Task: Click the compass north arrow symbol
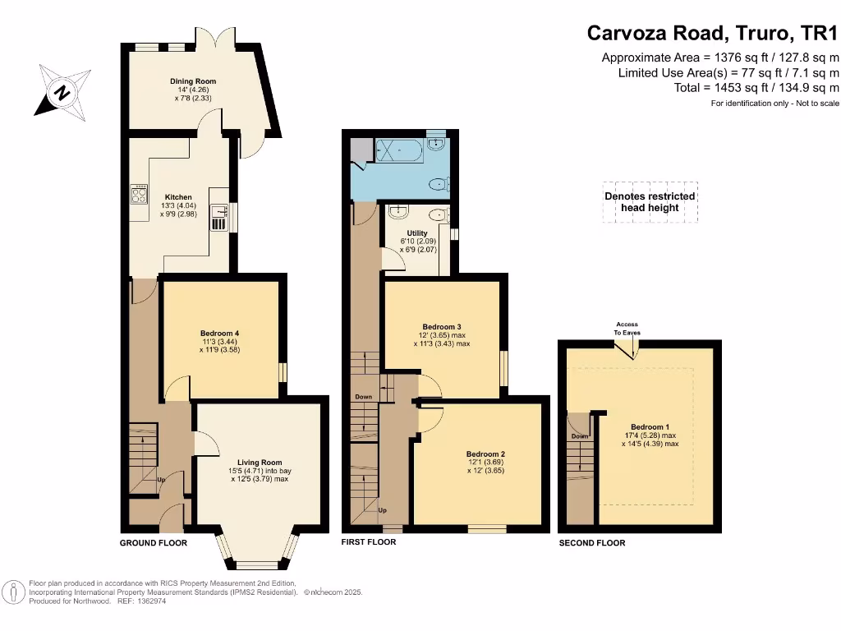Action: pyautogui.click(x=61, y=91)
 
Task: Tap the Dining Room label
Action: pyautogui.click(x=193, y=81)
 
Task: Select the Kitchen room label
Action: pyautogui.click(x=178, y=197)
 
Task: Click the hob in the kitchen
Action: pyautogui.click(x=139, y=195)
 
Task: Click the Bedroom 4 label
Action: pyautogui.click(x=218, y=333)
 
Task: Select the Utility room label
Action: pyautogui.click(x=417, y=233)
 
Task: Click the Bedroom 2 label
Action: pyautogui.click(x=485, y=454)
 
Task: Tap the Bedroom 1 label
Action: pyautogui.click(x=650, y=426)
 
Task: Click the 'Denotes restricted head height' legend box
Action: pyautogui.click(x=650, y=202)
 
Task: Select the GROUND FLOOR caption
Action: pyautogui.click(x=154, y=543)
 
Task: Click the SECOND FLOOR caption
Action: pyautogui.click(x=592, y=543)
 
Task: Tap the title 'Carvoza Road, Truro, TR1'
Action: pyautogui.click(x=713, y=34)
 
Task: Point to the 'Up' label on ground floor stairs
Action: pyautogui.click(x=161, y=479)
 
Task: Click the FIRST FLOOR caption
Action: pyautogui.click(x=369, y=542)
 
